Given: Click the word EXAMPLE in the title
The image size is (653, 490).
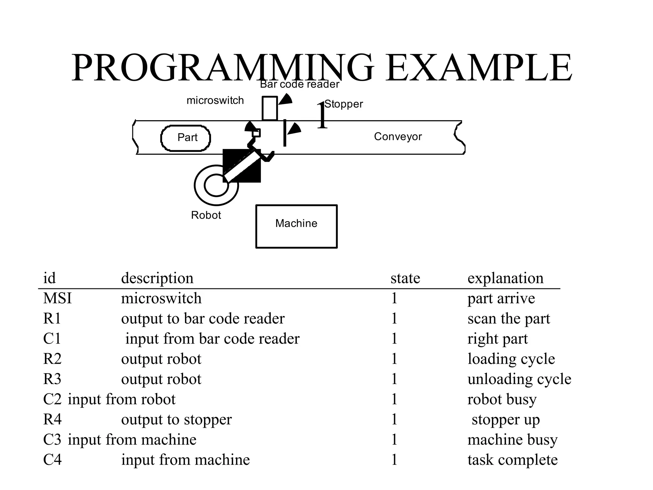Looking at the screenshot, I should [x=478, y=68].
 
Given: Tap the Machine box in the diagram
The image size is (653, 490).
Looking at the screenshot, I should [x=296, y=226].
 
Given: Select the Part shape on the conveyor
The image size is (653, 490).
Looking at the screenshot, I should [x=186, y=138].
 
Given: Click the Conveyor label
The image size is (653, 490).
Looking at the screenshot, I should [x=398, y=137].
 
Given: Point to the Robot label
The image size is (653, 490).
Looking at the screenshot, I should [x=206, y=215].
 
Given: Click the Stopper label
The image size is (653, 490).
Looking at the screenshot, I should [x=344, y=104].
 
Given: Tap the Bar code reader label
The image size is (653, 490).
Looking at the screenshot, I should [x=299, y=84].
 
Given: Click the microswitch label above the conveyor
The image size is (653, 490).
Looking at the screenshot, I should [x=215, y=100].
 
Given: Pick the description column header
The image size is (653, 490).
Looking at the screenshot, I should [x=157, y=278].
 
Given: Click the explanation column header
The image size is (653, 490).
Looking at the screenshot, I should [x=505, y=278].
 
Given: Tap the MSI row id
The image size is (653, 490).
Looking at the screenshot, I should [x=57, y=298].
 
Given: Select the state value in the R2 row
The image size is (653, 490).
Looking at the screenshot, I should [x=394, y=359].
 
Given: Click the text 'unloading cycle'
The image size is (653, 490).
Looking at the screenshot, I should [x=519, y=379].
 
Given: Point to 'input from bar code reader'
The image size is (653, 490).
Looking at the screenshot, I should [x=212, y=338].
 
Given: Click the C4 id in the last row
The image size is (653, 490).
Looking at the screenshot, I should [x=52, y=460].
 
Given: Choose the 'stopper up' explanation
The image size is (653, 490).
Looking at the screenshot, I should [x=505, y=419].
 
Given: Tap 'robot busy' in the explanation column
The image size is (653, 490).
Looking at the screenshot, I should [x=502, y=399].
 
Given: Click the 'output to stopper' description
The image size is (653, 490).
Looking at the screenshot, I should [x=176, y=419].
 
